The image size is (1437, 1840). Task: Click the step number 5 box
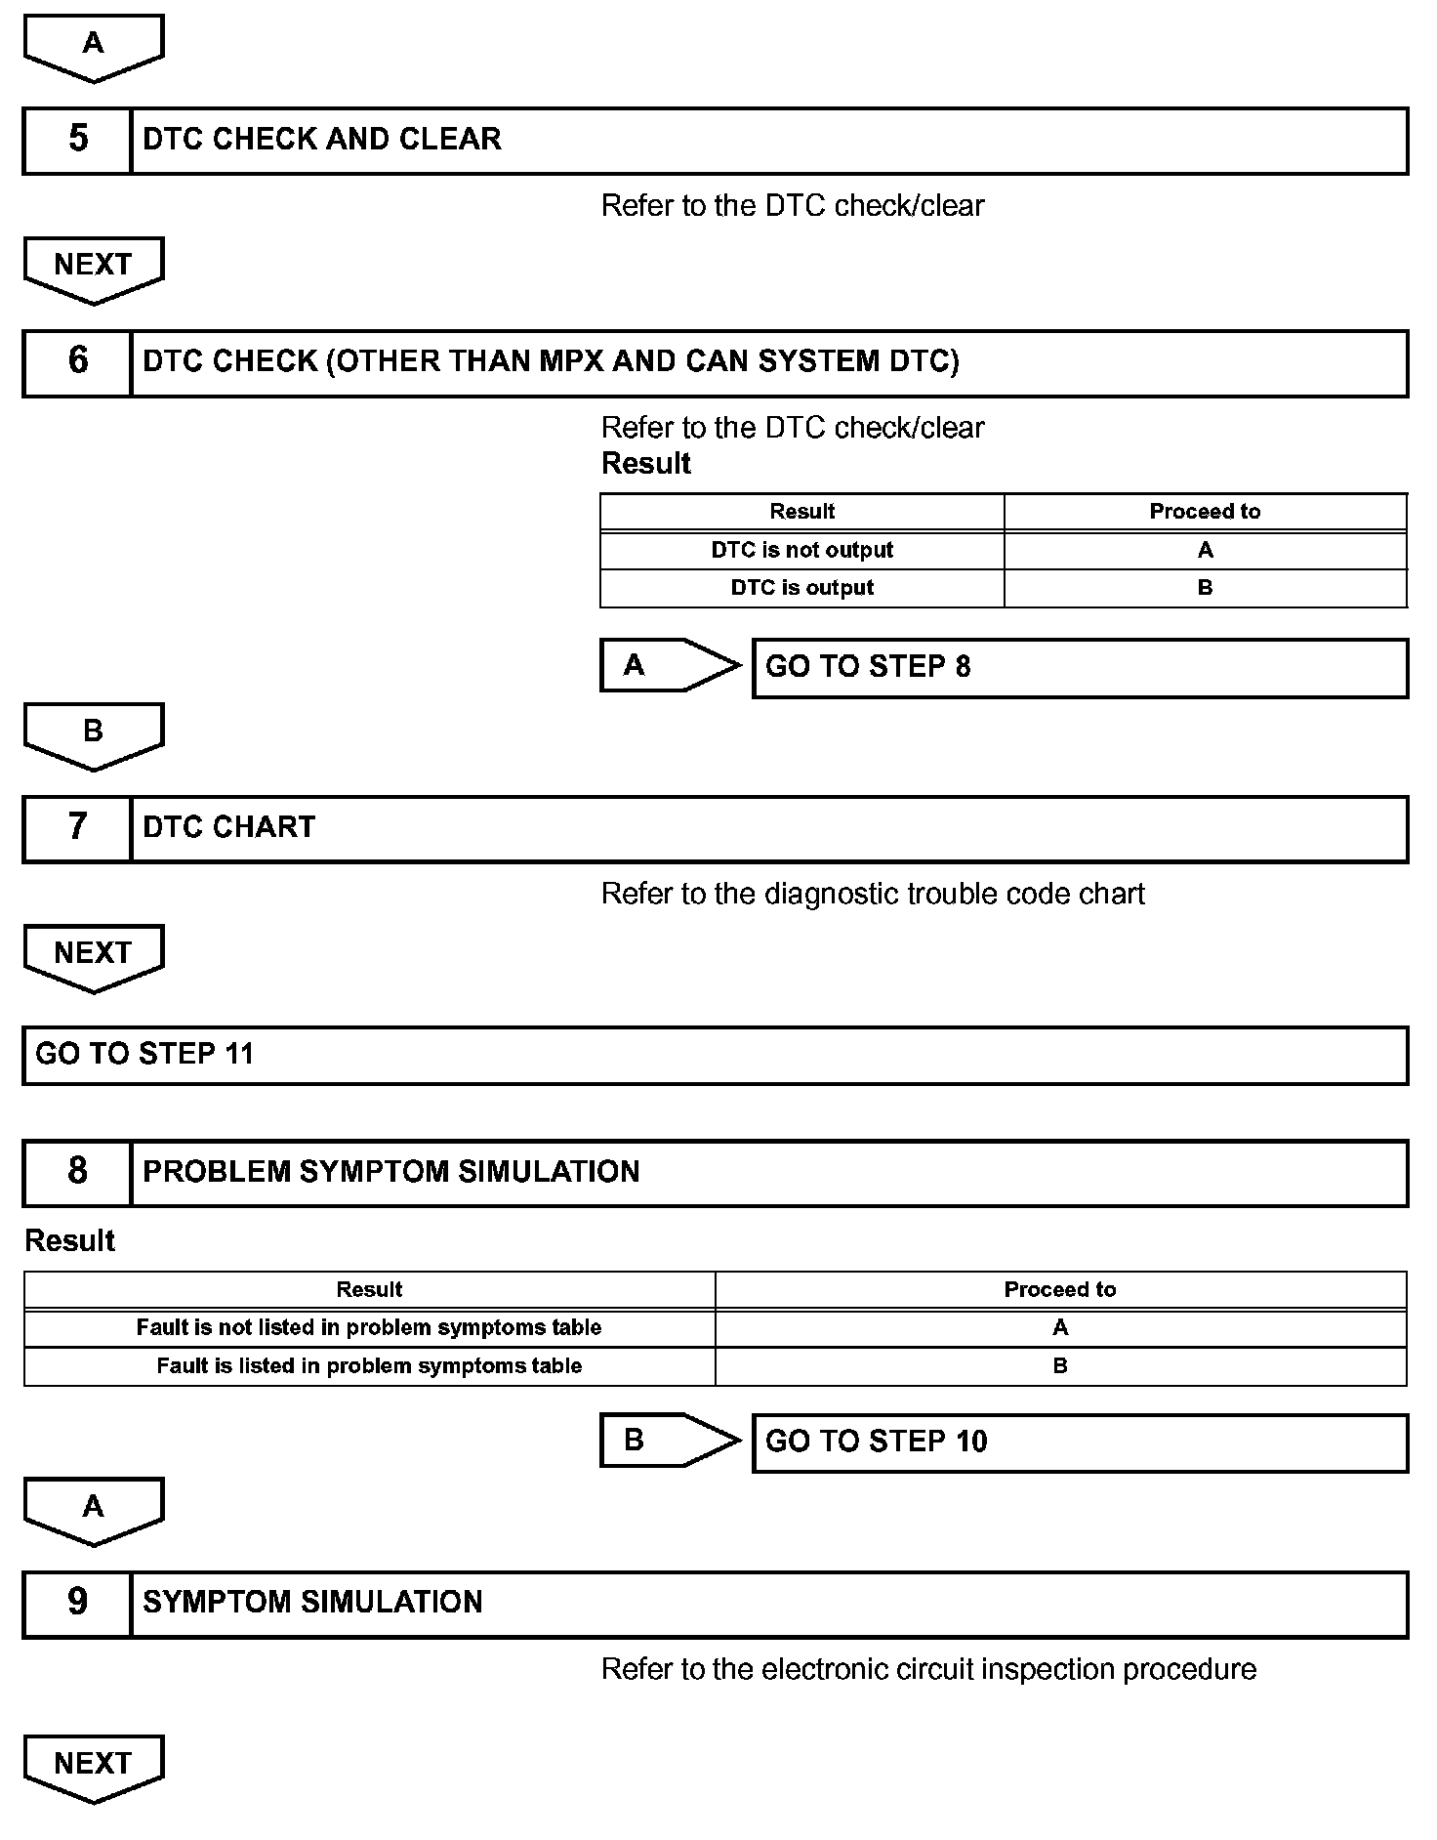pos(77,141)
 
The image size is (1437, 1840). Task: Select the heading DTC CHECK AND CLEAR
pos(322,140)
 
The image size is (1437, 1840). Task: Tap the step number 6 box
pos(77,362)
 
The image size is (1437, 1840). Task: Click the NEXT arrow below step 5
pos(93,268)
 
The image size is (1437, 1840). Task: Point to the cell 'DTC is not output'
pos(801,550)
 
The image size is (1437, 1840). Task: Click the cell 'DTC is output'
pos(801,588)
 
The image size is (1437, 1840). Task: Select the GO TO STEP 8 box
pos(1080,668)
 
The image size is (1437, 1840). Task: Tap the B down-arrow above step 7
pos(93,734)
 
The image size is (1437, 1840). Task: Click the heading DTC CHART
pos(229,828)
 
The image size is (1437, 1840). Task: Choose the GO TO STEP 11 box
pos(715,1055)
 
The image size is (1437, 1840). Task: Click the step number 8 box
pos(77,1172)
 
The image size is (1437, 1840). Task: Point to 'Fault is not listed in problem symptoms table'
pos(369,1327)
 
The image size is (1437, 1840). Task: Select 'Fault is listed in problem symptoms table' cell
pos(369,1365)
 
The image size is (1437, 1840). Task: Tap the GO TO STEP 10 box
pos(1080,1443)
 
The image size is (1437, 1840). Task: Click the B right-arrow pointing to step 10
pos(668,1441)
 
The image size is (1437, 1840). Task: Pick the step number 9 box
pos(77,1603)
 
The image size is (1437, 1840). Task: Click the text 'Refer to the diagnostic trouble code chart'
pos(873,895)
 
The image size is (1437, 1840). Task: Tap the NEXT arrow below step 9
pos(93,1767)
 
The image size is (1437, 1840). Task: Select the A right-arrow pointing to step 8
pos(668,666)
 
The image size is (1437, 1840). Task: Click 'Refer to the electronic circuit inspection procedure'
pos(928,1669)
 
